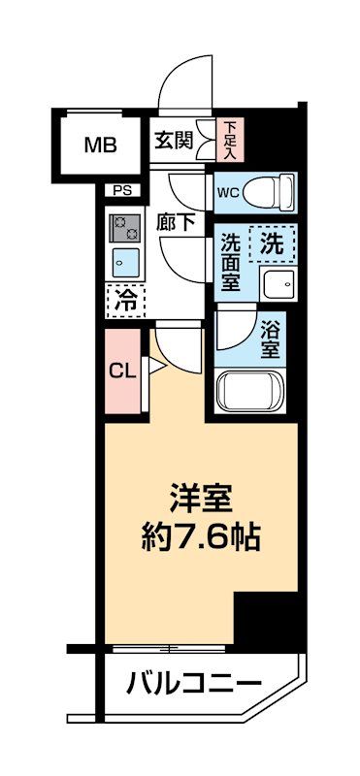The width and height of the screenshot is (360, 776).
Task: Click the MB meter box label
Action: coord(100,146)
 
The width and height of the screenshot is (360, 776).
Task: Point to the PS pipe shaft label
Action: coord(124,190)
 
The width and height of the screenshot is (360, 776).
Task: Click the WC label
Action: coord(228,191)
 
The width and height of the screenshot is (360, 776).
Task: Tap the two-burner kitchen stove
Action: coord(125,227)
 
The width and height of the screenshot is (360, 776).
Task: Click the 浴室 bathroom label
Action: coord(273,336)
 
